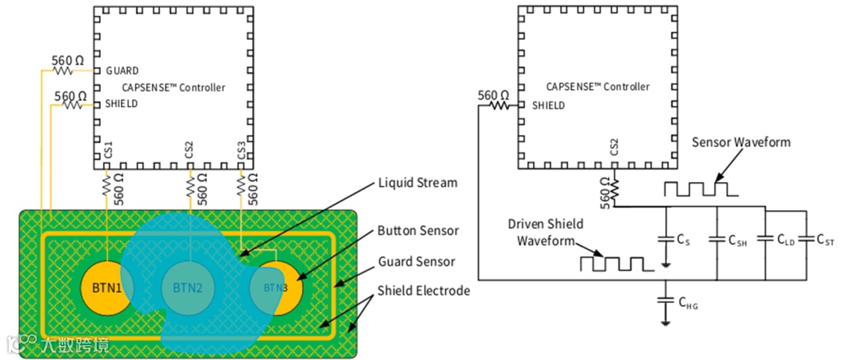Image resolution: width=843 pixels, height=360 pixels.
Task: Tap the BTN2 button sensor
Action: (x=187, y=287)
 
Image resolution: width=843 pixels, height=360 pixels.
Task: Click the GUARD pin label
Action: (x=121, y=71)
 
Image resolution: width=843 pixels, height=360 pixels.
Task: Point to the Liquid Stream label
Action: (x=418, y=183)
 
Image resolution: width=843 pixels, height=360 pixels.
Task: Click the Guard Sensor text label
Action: (x=417, y=262)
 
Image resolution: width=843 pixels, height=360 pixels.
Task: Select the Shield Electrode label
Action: (x=424, y=290)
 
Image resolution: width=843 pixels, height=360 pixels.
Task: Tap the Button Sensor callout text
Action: (x=418, y=231)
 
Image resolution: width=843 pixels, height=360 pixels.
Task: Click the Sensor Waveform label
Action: (x=741, y=142)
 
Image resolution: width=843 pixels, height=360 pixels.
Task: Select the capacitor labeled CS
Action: (x=665, y=238)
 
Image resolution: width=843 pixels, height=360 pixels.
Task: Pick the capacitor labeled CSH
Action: (x=717, y=238)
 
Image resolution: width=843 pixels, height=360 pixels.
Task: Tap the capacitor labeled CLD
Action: (x=766, y=238)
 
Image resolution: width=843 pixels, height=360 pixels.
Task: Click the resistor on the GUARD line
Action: (x=63, y=71)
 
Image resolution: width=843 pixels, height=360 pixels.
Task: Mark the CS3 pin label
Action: (x=240, y=150)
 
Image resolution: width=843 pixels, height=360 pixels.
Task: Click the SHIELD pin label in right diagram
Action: (x=549, y=105)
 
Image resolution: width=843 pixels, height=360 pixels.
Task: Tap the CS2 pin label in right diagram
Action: (x=614, y=148)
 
